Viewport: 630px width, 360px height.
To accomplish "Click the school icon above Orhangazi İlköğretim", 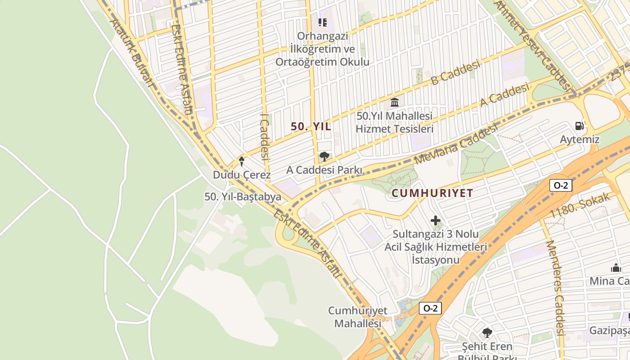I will click(x=322, y=22).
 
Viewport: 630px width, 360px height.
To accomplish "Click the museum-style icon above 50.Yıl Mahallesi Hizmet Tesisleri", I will click(x=395, y=102).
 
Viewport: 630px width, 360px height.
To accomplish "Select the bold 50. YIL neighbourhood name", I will click(x=311, y=127).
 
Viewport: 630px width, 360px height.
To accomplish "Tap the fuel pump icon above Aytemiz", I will click(x=580, y=126).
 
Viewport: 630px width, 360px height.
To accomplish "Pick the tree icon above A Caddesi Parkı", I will click(x=324, y=157).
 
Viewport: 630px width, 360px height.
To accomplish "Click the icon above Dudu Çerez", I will click(x=242, y=161).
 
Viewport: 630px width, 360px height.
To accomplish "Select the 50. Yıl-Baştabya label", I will click(x=243, y=197).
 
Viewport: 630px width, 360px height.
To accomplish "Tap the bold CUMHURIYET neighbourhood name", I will click(x=432, y=193).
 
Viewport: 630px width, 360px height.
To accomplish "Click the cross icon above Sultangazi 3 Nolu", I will click(x=436, y=220).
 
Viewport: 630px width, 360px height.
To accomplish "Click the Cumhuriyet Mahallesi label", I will click(x=358, y=317).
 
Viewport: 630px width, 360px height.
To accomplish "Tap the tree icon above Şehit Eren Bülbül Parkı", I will click(x=487, y=333).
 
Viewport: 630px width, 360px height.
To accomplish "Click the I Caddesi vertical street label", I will click(x=264, y=137).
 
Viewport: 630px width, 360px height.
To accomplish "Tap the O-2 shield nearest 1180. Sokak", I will click(x=560, y=185).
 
